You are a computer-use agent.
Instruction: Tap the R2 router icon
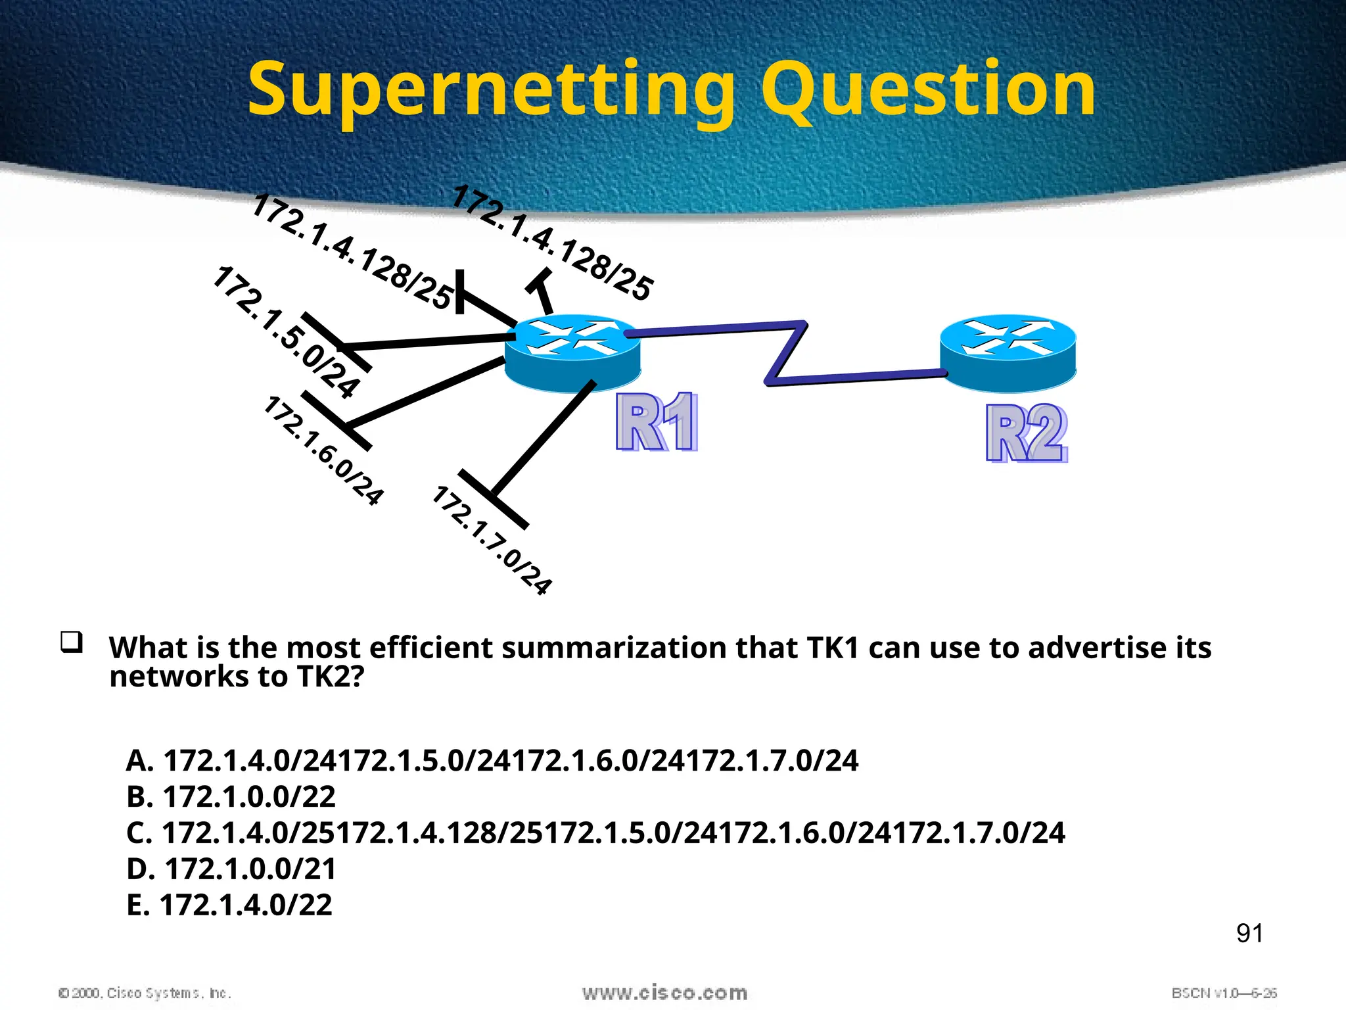tap(1008, 353)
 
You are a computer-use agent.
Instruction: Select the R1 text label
tap(657, 422)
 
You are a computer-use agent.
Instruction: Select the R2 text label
tap(1027, 434)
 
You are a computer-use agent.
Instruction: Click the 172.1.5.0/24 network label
tap(287, 332)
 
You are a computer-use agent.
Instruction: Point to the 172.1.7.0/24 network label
tap(492, 541)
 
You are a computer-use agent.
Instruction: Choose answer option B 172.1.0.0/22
tap(231, 797)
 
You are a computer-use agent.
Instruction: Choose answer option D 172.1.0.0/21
tap(231, 869)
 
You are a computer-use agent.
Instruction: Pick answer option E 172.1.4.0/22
tap(229, 905)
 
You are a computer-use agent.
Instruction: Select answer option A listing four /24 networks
tap(492, 761)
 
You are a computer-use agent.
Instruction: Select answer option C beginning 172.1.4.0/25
tap(595, 833)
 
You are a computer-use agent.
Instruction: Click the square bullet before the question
tap(72, 642)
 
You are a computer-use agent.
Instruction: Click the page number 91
tap(1249, 933)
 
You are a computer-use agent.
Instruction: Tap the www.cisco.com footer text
tap(664, 992)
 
